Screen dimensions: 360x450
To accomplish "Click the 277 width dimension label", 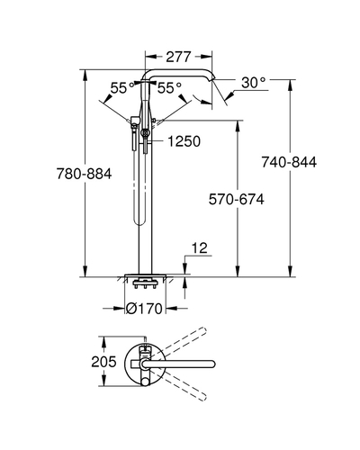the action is (x=178, y=57).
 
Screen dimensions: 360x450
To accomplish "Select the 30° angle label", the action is (x=254, y=82).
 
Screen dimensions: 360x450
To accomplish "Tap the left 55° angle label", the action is (x=122, y=88).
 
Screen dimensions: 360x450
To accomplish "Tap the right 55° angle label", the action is (x=169, y=88).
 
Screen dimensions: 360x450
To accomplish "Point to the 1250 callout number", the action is (x=184, y=141).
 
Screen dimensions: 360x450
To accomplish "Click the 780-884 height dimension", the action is (x=85, y=174).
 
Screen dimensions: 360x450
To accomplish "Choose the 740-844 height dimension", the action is (x=289, y=162).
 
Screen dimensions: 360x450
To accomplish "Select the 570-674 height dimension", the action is (x=237, y=199).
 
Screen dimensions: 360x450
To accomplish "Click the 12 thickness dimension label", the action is (x=200, y=248).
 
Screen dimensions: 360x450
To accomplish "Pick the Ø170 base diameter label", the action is (x=144, y=308).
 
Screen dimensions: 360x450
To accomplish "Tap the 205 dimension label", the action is (x=103, y=362).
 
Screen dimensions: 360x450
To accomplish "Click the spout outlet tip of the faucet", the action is (x=212, y=78).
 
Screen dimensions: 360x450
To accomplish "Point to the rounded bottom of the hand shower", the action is (x=139, y=221).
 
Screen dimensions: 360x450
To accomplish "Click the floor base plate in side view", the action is (x=145, y=275).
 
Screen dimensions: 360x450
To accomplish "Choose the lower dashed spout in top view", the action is (x=179, y=385).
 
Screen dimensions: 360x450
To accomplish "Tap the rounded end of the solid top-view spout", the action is (x=212, y=364).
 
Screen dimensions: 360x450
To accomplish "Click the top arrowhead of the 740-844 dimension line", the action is (x=290, y=84).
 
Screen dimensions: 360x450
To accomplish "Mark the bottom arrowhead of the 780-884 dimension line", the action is (x=85, y=272).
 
